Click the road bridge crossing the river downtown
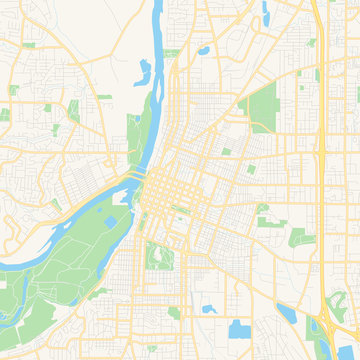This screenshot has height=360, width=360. tap(133, 179)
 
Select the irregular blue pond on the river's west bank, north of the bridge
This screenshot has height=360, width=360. tap(144, 70)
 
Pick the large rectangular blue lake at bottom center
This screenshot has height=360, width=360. tap(240, 329)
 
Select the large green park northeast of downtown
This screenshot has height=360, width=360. tap(262, 104)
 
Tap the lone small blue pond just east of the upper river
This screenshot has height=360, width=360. tap(204, 49)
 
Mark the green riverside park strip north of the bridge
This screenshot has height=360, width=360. tap(136, 140)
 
